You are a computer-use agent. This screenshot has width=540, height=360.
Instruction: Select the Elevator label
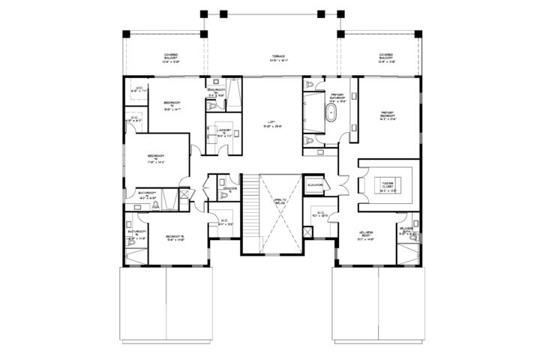(x=316, y=184)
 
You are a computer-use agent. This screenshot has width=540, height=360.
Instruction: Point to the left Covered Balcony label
(x=176, y=58)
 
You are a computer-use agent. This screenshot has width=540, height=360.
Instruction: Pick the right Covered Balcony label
(x=386, y=58)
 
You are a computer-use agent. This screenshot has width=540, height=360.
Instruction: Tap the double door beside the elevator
(x=342, y=184)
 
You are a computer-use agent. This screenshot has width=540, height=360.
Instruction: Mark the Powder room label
(x=229, y=187)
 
